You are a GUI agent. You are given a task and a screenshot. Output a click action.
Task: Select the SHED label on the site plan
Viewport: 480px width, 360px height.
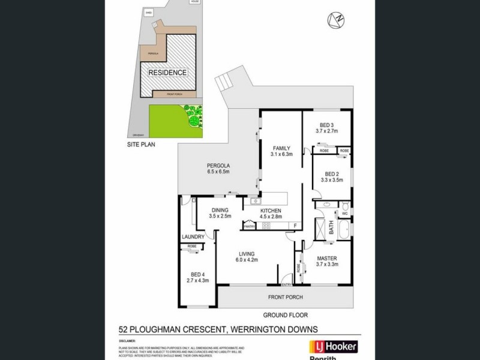(149, 12)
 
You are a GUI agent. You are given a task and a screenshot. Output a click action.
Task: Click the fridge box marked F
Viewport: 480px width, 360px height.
(295, 226)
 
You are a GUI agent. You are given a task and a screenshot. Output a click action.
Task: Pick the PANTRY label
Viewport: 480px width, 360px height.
(250, 226)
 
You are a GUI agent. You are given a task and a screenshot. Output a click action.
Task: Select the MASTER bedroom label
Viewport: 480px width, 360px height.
(328, 259)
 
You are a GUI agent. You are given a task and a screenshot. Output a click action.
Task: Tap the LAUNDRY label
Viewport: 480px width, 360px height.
(193, 237)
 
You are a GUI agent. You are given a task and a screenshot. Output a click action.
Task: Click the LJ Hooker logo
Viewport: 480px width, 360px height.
(332, 346)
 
